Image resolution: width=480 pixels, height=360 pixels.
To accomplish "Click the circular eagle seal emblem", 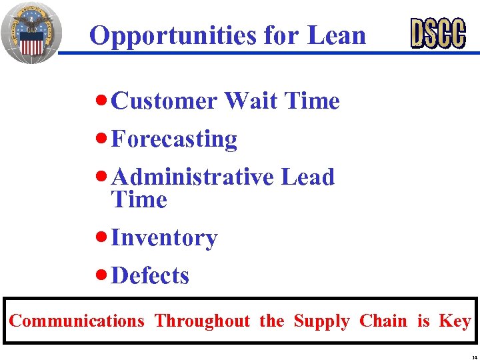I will pos(31,32).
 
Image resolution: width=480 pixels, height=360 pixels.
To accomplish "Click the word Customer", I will pos(165,101).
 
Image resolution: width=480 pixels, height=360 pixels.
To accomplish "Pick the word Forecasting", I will pos(174,139).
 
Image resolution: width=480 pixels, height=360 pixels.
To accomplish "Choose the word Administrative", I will pos(193,177).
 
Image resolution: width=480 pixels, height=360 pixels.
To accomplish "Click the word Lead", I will pos(307,177).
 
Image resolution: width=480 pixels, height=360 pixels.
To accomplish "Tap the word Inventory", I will pos(164,238).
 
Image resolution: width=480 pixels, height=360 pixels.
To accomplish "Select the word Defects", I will pos(150,276).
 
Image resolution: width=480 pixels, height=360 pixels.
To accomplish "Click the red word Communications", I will pos(77,321).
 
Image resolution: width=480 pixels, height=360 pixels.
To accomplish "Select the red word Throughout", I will pos(202,321).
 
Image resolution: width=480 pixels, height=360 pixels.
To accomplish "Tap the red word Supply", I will pos(321,322).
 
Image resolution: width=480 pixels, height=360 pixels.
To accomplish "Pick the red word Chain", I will pos(383,321).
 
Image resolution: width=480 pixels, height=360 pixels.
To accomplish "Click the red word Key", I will pos(455,322).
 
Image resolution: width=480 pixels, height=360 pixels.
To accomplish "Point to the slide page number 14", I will pos(472,355).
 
